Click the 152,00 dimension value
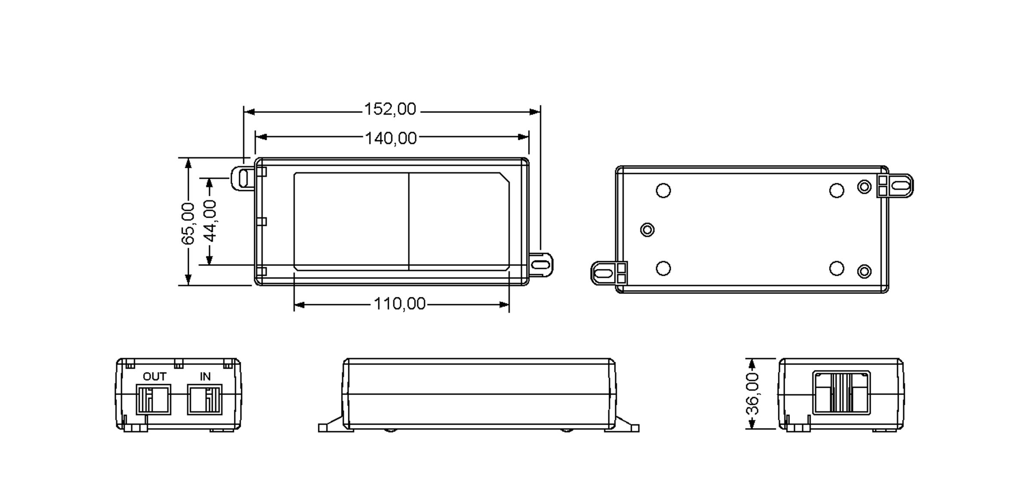[390, 109]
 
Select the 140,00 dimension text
[391, 138]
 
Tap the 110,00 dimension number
[399, 304]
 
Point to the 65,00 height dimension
[188, 223]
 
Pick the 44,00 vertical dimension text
[209, 220]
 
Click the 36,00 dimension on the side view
[752, 394]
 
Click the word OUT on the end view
[154, 377]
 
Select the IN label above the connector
[205, 377]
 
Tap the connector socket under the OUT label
[154, 399]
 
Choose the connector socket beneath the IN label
[205, 399]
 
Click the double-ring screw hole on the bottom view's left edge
[647, 230]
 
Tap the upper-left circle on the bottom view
[663, 190]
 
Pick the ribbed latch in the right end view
[842, 393]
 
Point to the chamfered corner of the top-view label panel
[504, 178]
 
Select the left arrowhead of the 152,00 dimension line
[249, 112]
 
